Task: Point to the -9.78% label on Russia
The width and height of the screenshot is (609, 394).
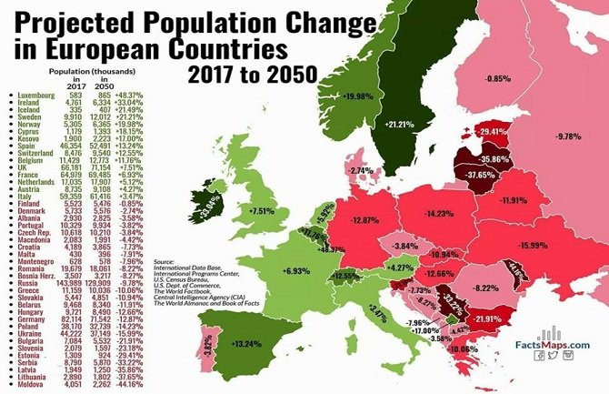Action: pos(570,136)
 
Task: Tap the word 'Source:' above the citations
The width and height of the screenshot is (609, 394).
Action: pos(166,259)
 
